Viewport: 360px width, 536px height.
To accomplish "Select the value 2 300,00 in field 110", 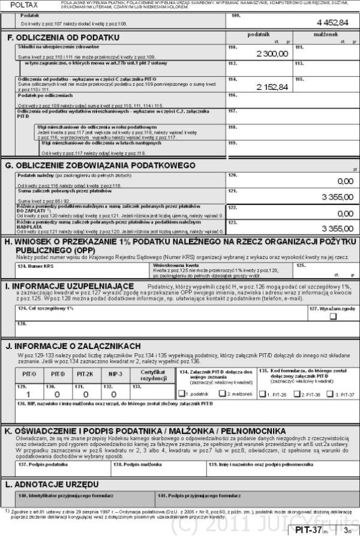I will point(272,54).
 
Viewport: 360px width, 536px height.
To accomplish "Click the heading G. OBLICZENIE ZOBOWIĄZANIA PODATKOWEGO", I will point(100,165).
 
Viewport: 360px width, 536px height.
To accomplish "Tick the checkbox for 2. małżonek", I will point(222,394).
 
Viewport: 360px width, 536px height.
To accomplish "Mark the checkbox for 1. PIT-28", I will point(265,394).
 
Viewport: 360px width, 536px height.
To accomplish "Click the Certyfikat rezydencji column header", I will point(152,375).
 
